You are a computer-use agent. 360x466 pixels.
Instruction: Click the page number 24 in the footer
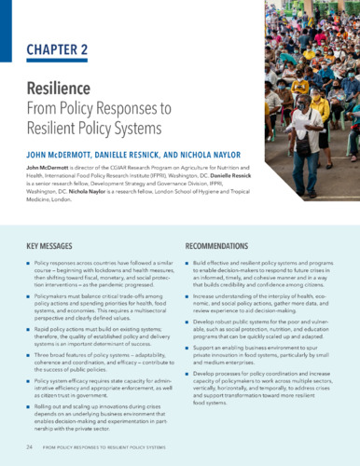(32, 448)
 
